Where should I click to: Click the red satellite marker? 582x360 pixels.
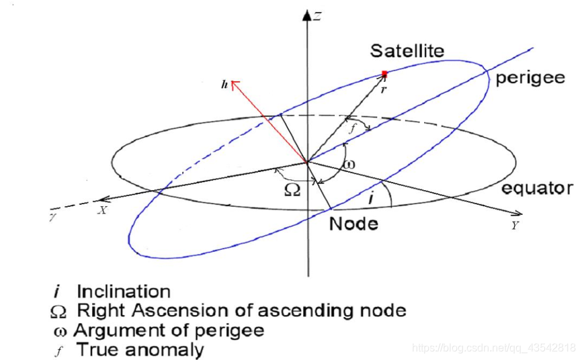(384, 73)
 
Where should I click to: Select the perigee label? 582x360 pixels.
(530, 79)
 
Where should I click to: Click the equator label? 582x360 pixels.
(537, 188)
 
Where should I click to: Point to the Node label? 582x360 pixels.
(353, 223)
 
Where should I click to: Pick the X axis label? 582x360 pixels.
(103, 210)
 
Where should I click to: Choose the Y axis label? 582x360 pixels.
(515, 226)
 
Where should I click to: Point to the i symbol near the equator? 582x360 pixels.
(372, 199)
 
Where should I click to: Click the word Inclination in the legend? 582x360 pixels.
(123, 291)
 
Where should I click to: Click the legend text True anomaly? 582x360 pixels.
(140, 349)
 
